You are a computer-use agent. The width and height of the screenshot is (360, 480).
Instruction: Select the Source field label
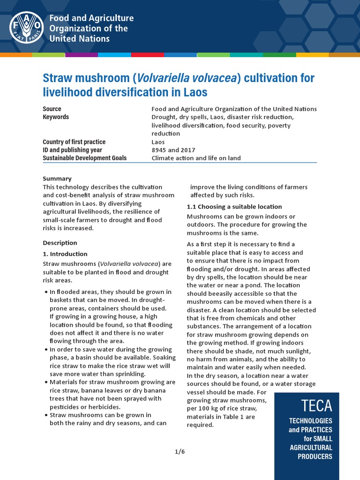point(52,109)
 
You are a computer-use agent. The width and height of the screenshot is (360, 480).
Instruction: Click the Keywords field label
point(56,117)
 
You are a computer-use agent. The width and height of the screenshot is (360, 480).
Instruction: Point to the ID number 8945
point(159,150)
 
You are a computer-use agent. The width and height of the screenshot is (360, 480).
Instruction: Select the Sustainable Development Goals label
point(84,158)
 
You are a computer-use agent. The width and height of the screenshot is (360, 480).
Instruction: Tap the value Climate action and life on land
point(196,158)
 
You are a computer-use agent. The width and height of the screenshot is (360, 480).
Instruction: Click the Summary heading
point(57,179)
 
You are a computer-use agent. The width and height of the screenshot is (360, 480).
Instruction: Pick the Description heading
point(60,243)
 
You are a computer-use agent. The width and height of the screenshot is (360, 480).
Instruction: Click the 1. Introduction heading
point(65,254)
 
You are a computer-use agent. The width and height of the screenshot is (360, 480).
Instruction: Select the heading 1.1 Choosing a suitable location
point(234,207)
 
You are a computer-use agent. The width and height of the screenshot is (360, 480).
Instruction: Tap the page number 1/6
point(180,451)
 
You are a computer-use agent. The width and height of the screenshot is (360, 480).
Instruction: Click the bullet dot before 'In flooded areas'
point(45,292)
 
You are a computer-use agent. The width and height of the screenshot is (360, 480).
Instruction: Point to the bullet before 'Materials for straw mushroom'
point(45,382)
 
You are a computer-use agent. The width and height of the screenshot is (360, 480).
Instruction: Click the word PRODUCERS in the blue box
point(315,457)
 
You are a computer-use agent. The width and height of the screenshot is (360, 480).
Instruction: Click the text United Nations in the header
point(80,38)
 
